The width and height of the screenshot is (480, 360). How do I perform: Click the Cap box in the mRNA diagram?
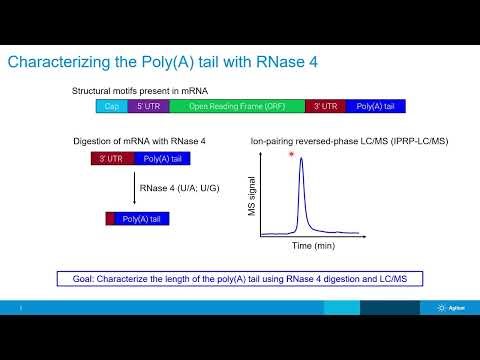[112, 105]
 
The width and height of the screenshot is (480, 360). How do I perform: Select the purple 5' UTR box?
[148, 105]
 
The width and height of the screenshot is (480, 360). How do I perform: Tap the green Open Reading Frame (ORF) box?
[237, 105]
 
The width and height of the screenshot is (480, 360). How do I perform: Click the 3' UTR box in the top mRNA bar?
[325, 105]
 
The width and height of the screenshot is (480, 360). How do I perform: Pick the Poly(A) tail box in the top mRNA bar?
[376, 105]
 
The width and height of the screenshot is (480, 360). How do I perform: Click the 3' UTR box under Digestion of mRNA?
[107, 158]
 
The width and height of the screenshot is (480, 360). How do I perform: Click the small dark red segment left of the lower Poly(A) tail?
[110, 218]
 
